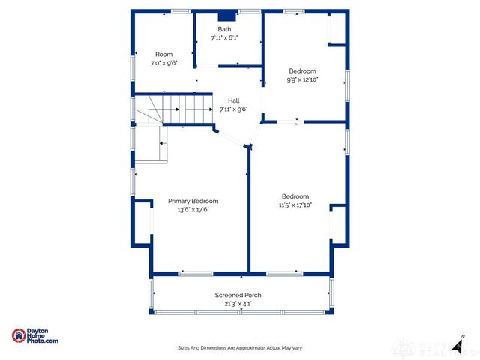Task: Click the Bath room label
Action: (x=225, y=29)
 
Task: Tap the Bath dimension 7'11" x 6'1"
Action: (x=225, y=37)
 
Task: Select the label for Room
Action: (x=163, y=55)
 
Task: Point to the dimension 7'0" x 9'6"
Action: (x=163, y=63)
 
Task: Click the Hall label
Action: (x=234, y=100)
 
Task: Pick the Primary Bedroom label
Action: (x=193, y=201)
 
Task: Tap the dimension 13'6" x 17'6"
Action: (x=193, y=210)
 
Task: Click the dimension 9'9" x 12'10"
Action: (x=302, y=79)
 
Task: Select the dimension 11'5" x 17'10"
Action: (x=295, y=205)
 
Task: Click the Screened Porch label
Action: (x=238, y=295)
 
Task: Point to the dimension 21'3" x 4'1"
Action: (x=238, y=304)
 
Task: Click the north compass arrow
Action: (x=456, y=338)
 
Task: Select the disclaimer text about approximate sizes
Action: (x=239, y=348)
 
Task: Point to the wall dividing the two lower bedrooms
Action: (x=248, y=210)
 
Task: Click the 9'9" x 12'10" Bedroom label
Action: (x=302, y=70)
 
